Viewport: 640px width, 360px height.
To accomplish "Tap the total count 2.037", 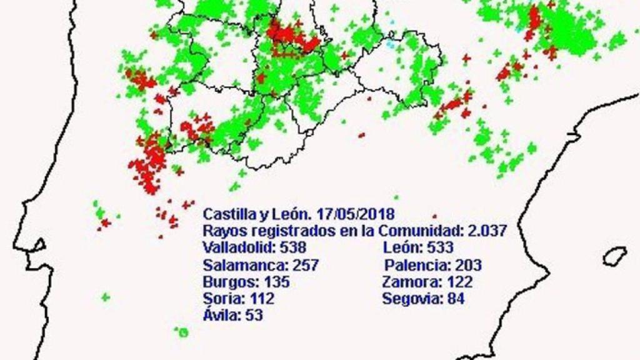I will click(x=484, y=231).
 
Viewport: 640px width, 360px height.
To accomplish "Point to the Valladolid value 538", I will click(x=293, y=247).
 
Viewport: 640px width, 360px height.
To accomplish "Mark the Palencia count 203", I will click(x=468, y=265).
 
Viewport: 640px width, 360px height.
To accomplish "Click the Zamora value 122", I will click(x=459, y=282).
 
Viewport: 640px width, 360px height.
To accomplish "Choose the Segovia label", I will click(x=411, y=299).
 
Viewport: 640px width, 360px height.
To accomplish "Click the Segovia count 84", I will click(x=455, y=299).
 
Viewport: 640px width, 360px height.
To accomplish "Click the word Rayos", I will click(x=222, y=231).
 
